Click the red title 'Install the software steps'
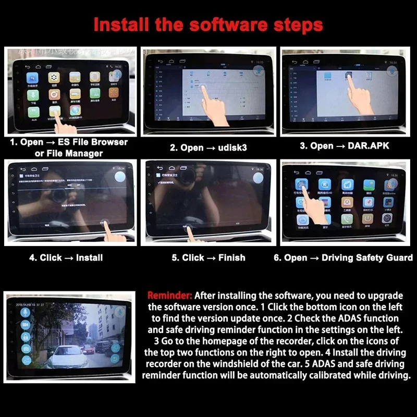click(208, 24)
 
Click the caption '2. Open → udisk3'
click(208, 148)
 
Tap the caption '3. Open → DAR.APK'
click(345, 146)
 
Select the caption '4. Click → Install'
click(66, 257)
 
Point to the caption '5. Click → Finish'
click(208, 257)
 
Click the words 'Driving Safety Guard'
click(367, 257)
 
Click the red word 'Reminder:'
click(170, 295)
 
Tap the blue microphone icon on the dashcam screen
click(24, 312)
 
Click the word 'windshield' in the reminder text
click(285, 364)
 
